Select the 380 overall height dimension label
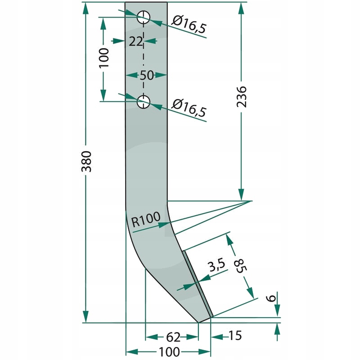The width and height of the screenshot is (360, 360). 87,162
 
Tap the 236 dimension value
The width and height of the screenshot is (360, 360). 241,97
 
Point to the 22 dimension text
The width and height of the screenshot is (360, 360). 135,41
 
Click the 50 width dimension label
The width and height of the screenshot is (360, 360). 147,75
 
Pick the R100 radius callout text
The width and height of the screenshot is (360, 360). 146,219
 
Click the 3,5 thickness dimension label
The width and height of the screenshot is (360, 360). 216,265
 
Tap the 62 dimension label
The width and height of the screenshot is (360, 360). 173,337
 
